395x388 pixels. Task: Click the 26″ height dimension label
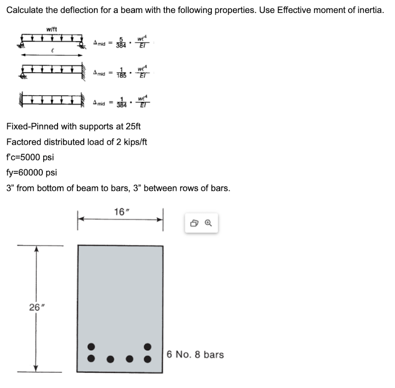(x=35, y=307)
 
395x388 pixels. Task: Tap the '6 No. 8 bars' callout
(x=195, y=354)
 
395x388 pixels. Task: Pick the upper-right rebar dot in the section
(x=148, y=346)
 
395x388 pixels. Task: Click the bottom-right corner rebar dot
(x=148, y=358)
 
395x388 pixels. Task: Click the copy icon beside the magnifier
(x=194, y=223)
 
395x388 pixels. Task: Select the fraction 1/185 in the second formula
(x=122, y=73)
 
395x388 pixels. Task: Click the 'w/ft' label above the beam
(x=52, y=29)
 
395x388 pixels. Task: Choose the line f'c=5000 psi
(x=30, y=157)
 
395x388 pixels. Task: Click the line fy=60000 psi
(x=32, y=173)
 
